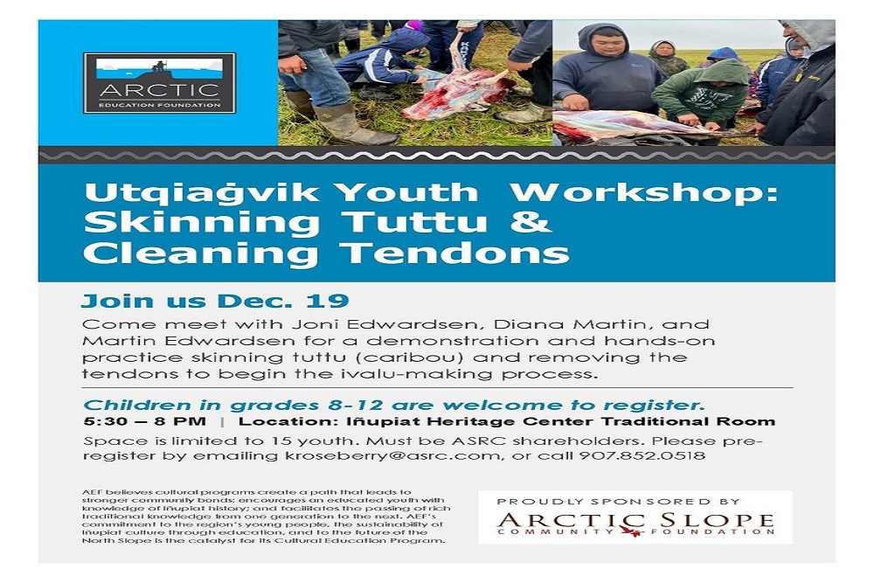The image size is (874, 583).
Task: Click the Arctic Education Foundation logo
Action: coord(159,83)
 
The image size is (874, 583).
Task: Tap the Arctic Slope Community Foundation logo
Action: coord(635,524)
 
